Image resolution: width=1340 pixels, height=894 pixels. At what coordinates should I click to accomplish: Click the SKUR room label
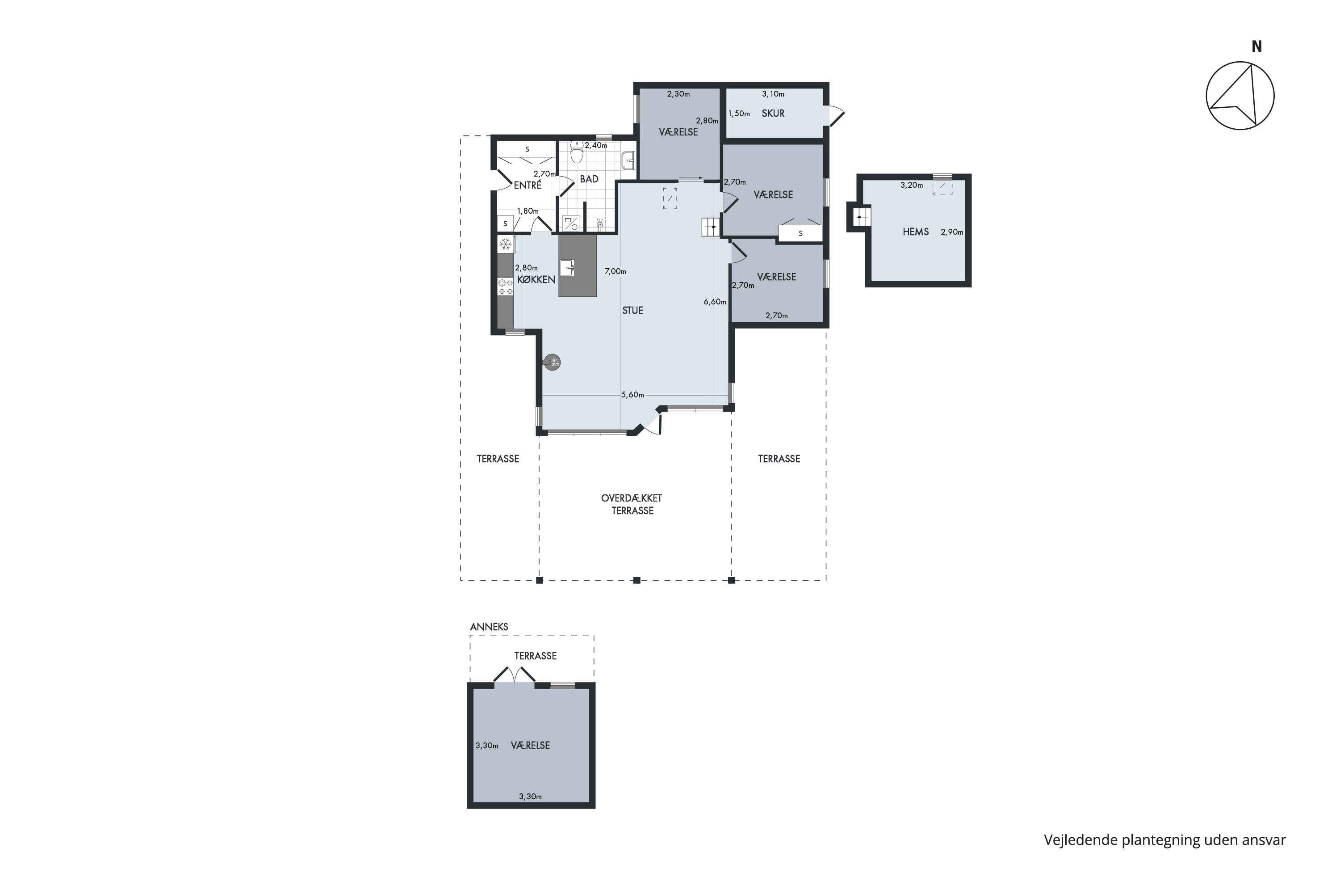point(773,114)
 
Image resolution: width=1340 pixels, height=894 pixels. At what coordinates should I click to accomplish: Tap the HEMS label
point(916,232)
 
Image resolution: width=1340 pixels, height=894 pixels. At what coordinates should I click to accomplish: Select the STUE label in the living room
point(632,311)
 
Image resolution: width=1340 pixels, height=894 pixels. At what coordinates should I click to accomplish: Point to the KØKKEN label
point(536,279)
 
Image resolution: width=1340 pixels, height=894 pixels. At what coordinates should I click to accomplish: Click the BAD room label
point(589,179)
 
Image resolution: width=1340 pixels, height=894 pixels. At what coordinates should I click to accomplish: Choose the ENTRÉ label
point(528,186)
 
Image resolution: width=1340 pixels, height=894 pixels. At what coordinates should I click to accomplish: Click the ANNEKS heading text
point(489,627)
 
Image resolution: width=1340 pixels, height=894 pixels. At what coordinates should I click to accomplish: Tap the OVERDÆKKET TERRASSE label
point(632,505)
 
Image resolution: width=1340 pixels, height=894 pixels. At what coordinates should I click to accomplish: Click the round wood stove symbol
point(552,362)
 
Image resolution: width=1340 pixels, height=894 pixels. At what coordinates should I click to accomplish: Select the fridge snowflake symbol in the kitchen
point(505,245)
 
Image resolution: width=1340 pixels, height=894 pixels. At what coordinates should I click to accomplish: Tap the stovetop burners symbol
point(505,287)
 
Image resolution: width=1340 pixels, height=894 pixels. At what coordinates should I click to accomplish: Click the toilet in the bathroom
point(577,153)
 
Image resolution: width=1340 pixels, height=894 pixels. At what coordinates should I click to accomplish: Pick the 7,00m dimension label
point(616,271)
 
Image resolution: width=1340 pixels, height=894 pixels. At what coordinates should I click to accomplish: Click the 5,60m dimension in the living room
point(632,395)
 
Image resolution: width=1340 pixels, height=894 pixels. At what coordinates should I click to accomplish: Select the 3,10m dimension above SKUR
point(773,94)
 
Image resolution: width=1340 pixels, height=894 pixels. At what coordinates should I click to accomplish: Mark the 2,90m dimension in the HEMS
point(952,232)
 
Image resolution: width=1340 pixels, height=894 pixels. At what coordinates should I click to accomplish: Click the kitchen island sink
point(567,267)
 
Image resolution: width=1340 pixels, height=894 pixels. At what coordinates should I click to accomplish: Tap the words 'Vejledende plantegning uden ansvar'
point(1164,840)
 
